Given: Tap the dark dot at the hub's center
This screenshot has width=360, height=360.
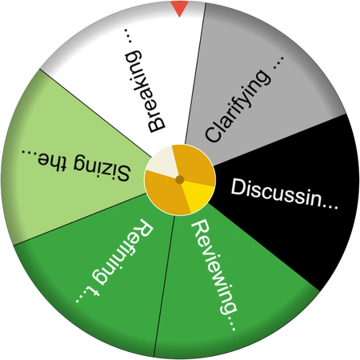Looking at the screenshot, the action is (180, 180).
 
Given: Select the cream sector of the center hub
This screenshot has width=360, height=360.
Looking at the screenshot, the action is (162, 163).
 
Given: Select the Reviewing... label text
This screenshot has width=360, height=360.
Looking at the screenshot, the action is (214, 274).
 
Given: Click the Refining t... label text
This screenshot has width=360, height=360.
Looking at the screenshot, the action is (115, 261).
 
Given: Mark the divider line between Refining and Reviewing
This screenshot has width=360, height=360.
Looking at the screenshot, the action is (164, 286).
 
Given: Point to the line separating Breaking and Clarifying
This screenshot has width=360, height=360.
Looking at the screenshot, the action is (195, 74).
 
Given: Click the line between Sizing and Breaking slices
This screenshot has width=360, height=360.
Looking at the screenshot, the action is (95, 113).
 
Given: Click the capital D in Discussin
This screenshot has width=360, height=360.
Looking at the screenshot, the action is (238, 186).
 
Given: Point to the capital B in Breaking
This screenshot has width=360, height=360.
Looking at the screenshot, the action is (156, 124).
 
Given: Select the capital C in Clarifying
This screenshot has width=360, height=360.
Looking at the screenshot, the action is (214, 134).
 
